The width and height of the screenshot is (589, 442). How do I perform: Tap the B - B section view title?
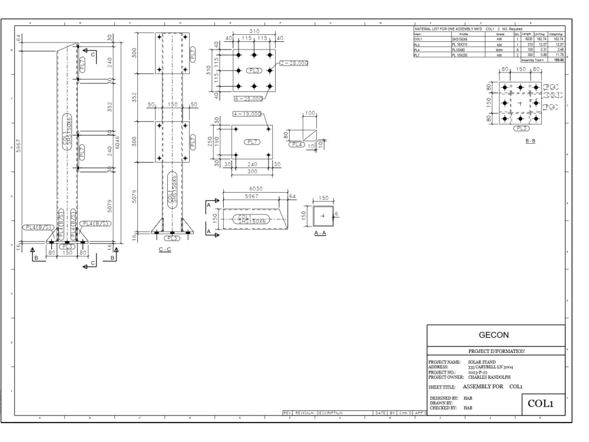520,140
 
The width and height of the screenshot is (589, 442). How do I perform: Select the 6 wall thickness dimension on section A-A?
336,215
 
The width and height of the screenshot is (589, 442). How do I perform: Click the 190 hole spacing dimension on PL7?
219,141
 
